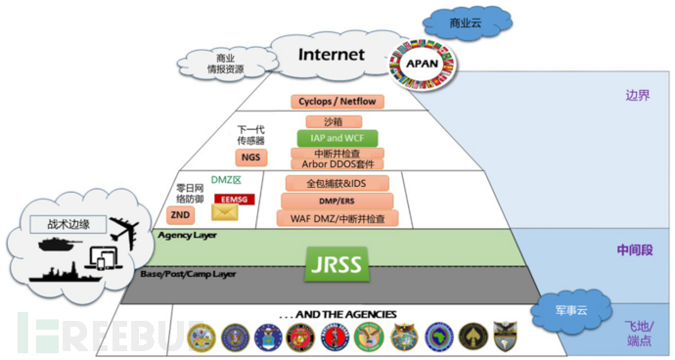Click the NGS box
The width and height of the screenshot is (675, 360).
[251, 157]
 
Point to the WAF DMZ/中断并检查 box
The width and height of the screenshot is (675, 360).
[336, 218]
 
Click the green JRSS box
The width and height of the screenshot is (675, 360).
[337, 263]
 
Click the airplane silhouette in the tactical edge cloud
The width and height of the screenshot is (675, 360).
[124, 231]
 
